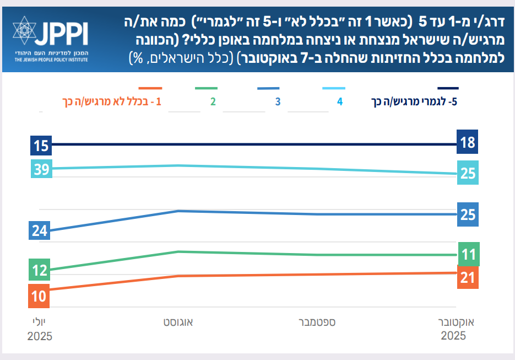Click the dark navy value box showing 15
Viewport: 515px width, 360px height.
coord(40,147)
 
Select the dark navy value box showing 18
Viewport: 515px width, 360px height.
coord(468,143)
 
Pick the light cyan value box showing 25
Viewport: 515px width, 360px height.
coord(468,173)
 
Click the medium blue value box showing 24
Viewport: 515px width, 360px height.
coord(40,230)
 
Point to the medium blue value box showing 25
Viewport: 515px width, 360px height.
coord(468,214)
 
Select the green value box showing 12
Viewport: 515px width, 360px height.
coord(40,271)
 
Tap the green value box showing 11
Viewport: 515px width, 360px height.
coord(468,255)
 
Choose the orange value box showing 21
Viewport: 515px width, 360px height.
coord(468,277)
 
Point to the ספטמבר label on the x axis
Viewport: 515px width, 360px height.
coord(317,321)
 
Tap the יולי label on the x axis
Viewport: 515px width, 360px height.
coord(40,321)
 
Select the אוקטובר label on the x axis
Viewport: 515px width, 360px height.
coord(457,321)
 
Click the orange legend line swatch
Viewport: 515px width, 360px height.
coord(150,88)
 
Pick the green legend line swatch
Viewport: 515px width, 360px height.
coord(206,88)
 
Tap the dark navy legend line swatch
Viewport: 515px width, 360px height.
coord(447,88)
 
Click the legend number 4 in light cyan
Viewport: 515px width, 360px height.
coord(340,102)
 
